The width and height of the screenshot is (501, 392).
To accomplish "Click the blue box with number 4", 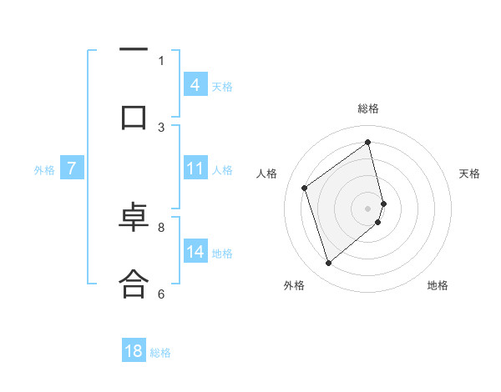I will point(195,85).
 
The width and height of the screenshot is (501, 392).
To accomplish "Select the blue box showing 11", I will point(195,168).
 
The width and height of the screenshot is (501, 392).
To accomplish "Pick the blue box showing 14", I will point(195,252).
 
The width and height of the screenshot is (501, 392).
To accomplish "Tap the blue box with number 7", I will point(72,168).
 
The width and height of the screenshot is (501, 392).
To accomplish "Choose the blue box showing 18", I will point(134,351).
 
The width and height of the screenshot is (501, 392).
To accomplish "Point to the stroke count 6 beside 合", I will point(161,294).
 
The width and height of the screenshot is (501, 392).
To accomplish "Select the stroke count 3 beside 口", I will point(161,127).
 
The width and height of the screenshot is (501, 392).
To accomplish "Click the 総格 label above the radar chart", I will point(368,108).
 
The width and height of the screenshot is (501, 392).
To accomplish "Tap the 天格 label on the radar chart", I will point(469,173).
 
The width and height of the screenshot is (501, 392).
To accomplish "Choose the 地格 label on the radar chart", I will point(438,285).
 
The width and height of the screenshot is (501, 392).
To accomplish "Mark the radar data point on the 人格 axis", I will point(305,188).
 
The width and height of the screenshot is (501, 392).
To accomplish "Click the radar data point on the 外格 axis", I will point(328,264).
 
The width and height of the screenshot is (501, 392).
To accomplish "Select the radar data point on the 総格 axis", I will point(368,142).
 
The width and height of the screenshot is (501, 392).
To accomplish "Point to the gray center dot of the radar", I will point(368,207).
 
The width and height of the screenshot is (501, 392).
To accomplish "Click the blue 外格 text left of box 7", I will point(43,169).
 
